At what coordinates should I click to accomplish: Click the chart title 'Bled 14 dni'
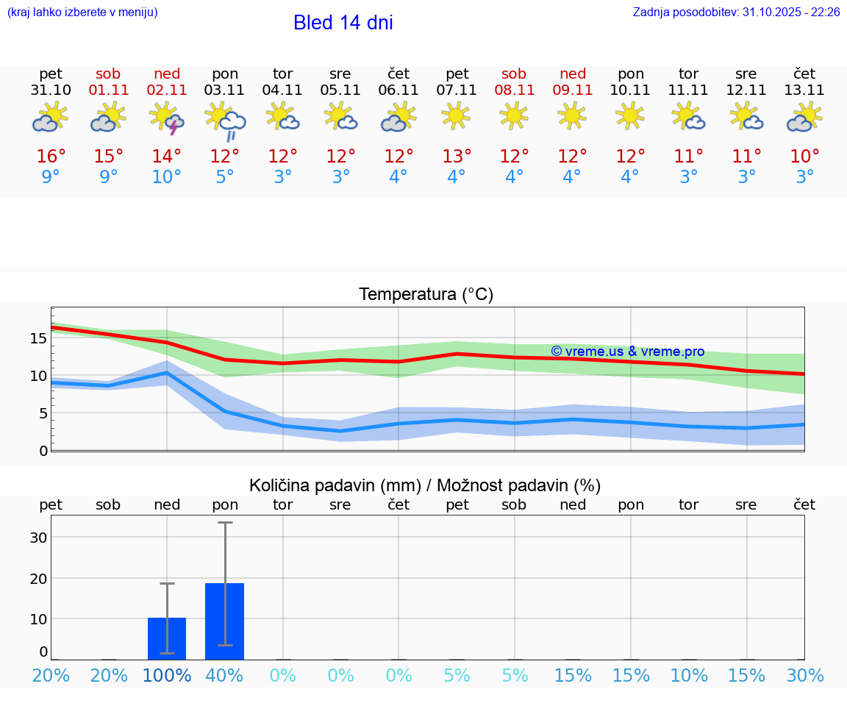[x=343, y=23]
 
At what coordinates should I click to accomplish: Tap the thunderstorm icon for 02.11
[x=167, y=118]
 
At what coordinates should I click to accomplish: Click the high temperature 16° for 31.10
[x=51, y=157]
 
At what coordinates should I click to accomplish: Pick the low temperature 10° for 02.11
[x=167, y=177]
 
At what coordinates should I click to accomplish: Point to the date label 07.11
[x=457, y=90]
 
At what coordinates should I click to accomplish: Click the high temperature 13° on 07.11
[x=457, y=157]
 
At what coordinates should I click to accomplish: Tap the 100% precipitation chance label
[x=167, y=676]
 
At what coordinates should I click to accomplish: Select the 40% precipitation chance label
[x=225, y=676]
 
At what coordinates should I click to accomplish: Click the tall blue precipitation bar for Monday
[x=225, y=621]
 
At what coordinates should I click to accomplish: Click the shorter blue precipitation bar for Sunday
[x=167, y=638]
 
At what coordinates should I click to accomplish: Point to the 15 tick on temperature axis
[x=38, y=338]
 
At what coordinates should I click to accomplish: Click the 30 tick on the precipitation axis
[x=38, y=537]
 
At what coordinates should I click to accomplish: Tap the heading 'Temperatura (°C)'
[x=426, y=295]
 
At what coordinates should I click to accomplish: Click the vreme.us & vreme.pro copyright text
[x=627, y=352]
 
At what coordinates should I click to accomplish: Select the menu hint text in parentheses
[x=82, y=13]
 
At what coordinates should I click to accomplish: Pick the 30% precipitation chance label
[x=804, y=676]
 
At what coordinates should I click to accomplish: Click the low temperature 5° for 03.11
[x=225, y=177]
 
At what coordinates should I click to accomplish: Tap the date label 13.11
[x=804, y=90]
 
